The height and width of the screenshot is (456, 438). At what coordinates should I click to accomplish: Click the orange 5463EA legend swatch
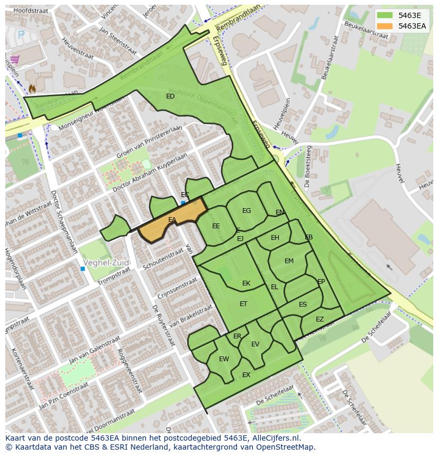(x=386, y=26)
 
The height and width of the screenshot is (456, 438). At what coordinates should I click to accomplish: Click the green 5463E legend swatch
(x=386, y=16)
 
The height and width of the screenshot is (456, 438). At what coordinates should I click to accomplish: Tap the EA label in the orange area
(x=172, y=220)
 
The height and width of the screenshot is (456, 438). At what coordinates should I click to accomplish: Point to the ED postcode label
(x=170, y=96)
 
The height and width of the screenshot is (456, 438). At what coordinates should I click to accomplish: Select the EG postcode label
(x=247, y=211)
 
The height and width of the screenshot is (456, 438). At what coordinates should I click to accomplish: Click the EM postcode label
(x=289, y=261)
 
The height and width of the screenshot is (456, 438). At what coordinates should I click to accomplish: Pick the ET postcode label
(x=243, y=304)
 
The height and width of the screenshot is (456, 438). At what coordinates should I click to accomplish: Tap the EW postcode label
(x=224, y=359)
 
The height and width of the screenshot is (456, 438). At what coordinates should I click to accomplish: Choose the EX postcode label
(x=246, y=375)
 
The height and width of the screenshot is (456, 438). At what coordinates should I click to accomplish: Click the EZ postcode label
(x=320, y=319)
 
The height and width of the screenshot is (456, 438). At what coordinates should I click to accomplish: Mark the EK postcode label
(x=246, y=283)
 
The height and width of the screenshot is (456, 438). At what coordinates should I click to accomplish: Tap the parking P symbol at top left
(x=21, y=34)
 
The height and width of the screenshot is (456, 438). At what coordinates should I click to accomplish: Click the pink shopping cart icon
(x=15, y=59)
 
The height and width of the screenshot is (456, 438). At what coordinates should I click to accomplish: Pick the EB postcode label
(x=308, y=237)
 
